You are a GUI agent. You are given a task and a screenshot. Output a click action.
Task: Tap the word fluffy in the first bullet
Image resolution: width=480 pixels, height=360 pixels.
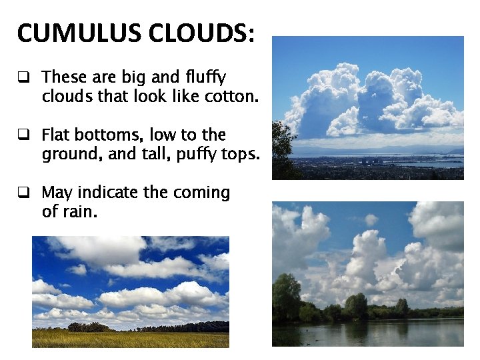(x=206, y=77)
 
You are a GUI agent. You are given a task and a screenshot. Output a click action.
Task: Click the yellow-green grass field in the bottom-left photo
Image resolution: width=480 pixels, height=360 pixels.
(x=131, y=339)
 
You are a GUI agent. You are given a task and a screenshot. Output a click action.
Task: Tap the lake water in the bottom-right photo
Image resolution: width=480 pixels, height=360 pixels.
(x=373, y=333)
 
